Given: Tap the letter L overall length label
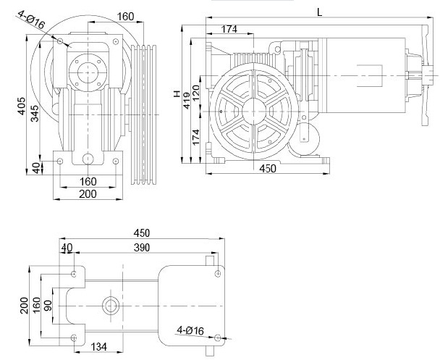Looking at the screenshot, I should pyautogui.click(x=319, y=10).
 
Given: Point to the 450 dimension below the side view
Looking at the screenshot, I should pyautogui.click(x=268, y=169).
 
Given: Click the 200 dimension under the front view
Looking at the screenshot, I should pyautogui.click(x=88, y=193).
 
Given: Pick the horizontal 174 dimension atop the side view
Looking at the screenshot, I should pyautogui.click(x=230, y=28).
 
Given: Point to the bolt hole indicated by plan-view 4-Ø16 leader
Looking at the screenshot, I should pyautogui.click(x=218, y=337).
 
